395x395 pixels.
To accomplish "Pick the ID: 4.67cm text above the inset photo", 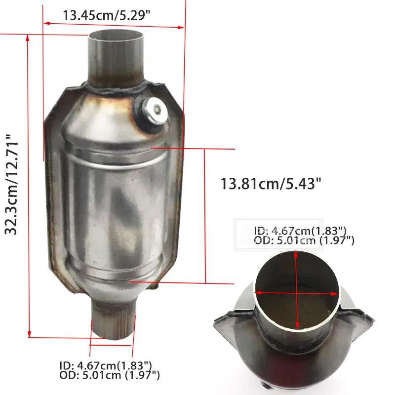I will coord(300,231).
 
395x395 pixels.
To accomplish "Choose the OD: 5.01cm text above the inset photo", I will coord(304,240).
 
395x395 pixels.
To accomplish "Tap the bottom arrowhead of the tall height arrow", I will coord(30,333).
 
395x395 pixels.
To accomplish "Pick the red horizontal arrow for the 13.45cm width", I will coord(114,23).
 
